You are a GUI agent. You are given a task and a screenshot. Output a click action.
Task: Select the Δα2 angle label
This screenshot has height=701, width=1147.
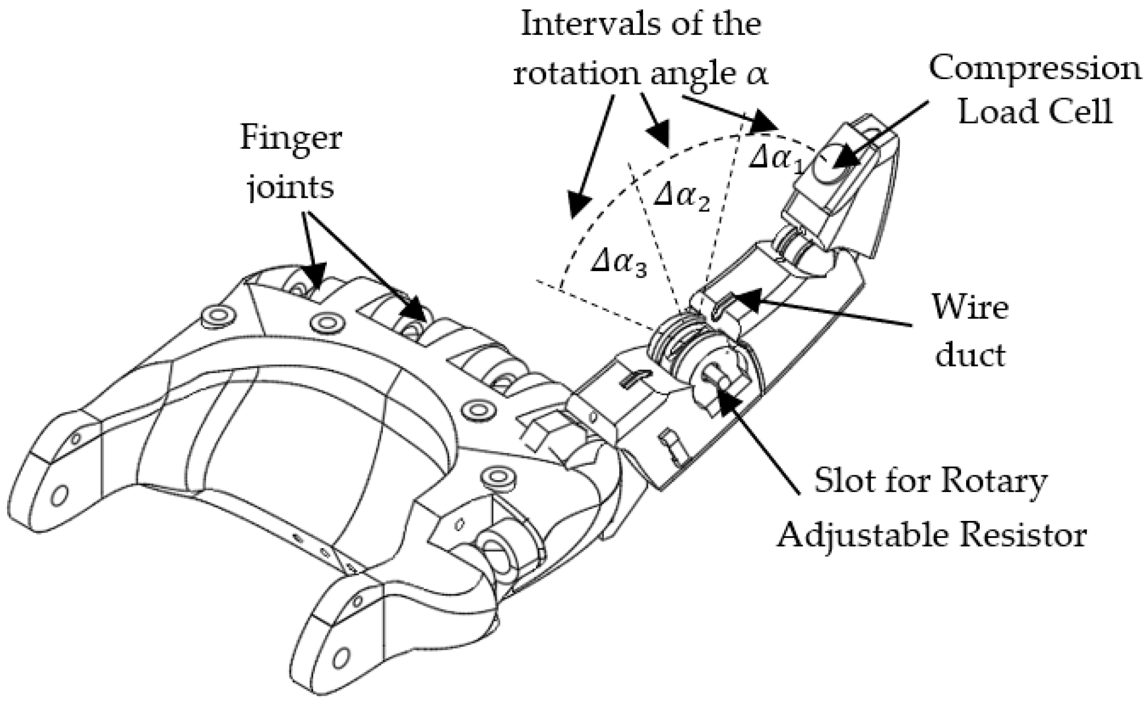click(681, 198)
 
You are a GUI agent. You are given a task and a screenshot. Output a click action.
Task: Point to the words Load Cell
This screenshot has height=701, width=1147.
click(1035, 110)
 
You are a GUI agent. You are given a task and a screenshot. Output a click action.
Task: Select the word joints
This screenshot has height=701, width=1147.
click(291, 188)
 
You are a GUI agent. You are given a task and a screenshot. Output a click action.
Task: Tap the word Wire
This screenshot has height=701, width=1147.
click(970, 308)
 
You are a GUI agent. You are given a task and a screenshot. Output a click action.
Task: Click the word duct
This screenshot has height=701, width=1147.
click(970, 354)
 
